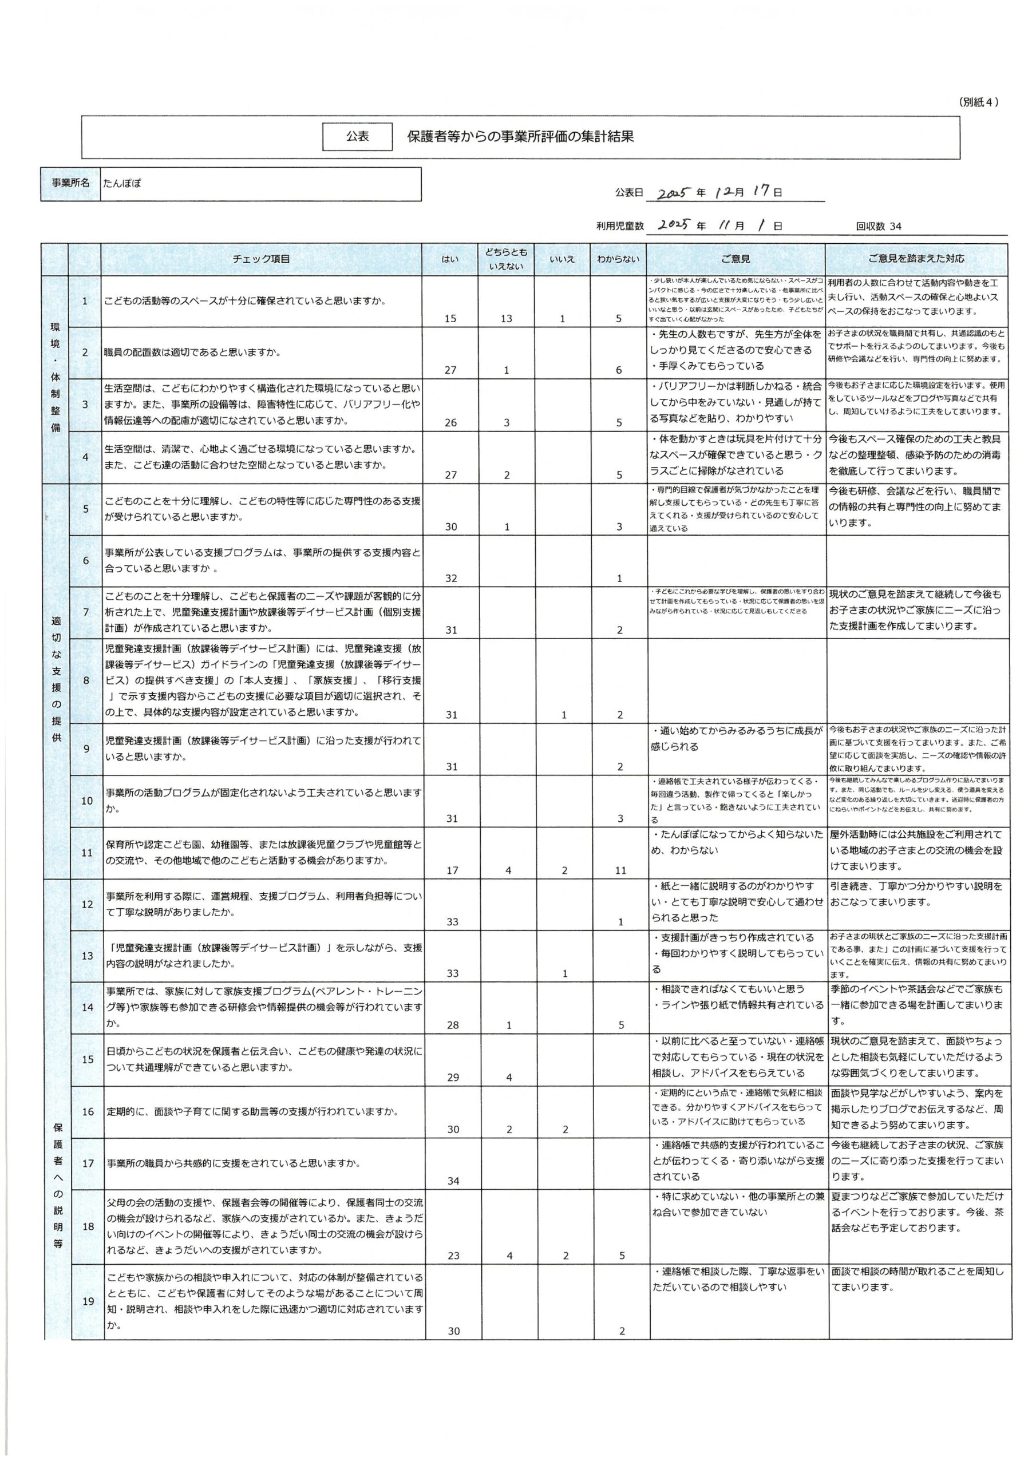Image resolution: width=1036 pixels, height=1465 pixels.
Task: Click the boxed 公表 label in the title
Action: click(x=358, y=137)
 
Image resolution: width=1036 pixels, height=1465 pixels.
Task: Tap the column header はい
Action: click(x=450, y=259)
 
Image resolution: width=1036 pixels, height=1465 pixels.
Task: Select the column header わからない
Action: click(x=618, y=259)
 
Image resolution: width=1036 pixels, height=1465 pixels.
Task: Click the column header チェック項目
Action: click(x=261, y=259)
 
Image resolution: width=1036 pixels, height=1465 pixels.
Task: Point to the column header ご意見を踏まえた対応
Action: click(x=916, y=259)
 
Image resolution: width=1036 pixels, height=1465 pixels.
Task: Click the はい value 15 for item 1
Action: click(x=450, y=318)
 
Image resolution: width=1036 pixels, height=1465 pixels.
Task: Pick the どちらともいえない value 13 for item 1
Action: click(x=506, y=318)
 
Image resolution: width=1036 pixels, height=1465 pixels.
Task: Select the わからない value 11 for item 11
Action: click(x=620, y=870)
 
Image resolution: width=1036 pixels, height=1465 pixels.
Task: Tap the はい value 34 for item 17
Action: click(x=453, y=1181)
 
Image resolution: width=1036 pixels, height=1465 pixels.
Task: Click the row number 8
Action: click(x=87, y=680)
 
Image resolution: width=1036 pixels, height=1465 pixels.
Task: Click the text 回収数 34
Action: click(x=879, y=226)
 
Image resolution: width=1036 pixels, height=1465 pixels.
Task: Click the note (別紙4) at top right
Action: click(x=978, y=101)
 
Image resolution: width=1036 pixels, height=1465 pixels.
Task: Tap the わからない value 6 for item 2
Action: click(x=619, y=370)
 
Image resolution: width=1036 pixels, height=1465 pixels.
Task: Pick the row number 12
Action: click(x=88, y=904)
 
